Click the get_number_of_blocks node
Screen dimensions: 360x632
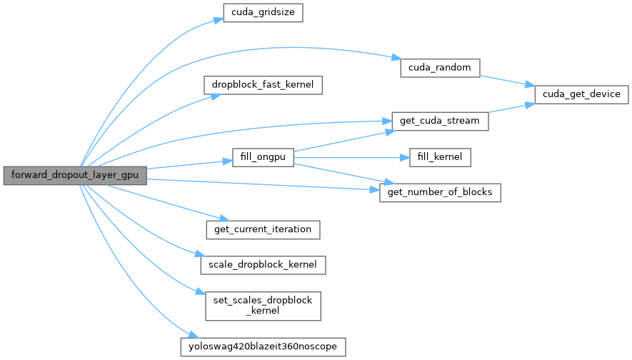pyautogui.click(x=439, y=193)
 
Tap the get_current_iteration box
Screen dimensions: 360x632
pyautogui.click(x=262, y=230)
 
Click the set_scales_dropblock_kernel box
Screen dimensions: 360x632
pyautogui.click(x=263, y=306)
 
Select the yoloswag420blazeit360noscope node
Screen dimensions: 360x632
pyautogui.click(x=263, y=347)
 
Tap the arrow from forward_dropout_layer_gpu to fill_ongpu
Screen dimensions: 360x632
pyautogui.click(x=189, y=165)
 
